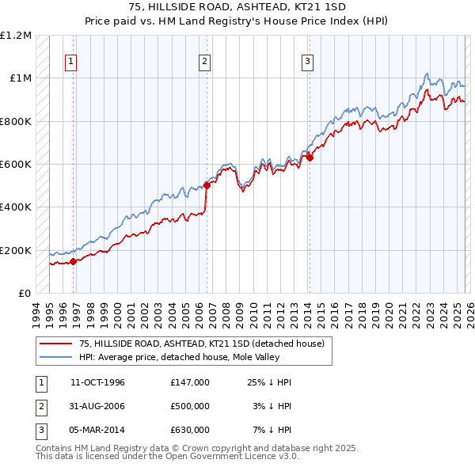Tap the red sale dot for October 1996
(x=73, y=261)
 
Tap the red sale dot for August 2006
(x=207, y=186)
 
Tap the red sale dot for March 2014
(x=310, y=158)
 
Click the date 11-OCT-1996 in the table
(x=97, y=382)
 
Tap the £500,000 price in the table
(x=189, y=406)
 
